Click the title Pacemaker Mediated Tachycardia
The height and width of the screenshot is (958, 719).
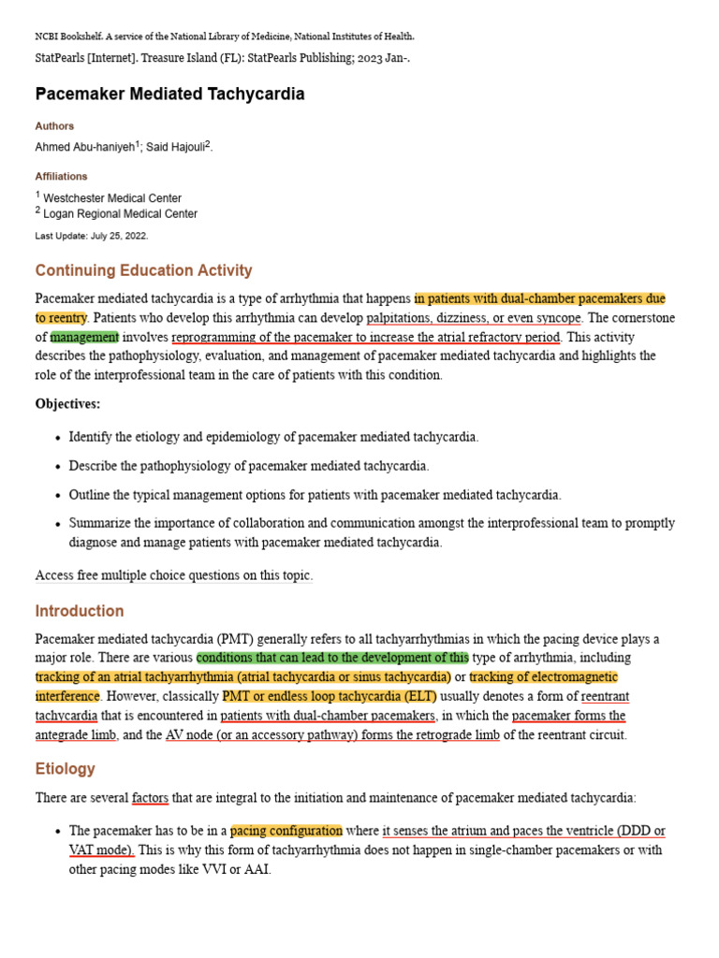coord(169,94)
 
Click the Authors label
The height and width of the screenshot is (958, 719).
coord(54,125)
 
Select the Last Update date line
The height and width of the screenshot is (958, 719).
coord(91,236)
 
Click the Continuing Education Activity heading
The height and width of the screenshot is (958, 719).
coord(143,270)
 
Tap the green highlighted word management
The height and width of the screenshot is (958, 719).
coord(84,337)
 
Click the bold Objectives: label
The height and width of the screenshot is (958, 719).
coord(67,404)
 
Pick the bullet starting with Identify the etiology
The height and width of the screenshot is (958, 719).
coord(273,437)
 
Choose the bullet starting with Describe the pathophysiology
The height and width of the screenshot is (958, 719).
coord(249,466)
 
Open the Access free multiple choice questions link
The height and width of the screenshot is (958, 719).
coord(173,575)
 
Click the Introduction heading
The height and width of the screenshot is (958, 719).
coord(80,611)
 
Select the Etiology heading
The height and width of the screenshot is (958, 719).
coord(66,768)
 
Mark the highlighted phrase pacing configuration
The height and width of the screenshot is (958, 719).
coord(286,831)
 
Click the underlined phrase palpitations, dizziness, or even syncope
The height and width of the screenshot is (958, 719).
coord(474,318)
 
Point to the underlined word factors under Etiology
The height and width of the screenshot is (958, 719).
coord(150,798)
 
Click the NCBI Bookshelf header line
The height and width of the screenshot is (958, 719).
coord(225,36)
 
